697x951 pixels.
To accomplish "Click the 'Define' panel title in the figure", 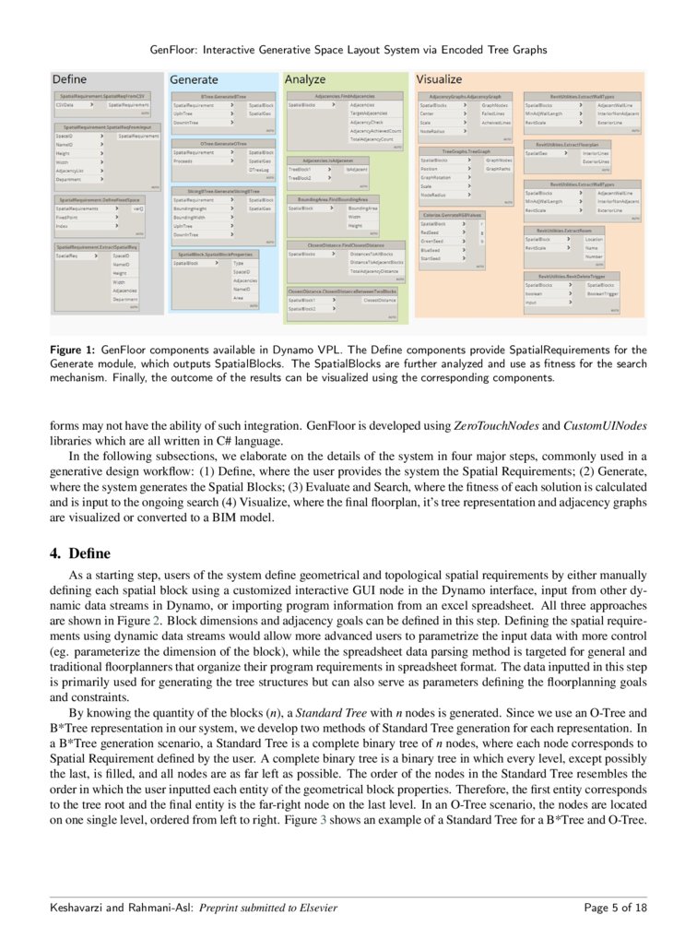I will click(x=70, y=79).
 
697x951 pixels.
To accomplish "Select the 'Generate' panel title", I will click(x=194, y=80).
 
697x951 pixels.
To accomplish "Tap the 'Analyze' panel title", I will click(x=305, y=80).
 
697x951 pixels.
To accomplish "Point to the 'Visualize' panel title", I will click(x=440, y=80).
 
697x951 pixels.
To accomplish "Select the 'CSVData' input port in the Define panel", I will click(x=65, y=106).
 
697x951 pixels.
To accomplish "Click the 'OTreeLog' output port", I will click(x=258, y=170).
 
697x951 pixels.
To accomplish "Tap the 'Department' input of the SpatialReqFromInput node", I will click(x=70, y=179).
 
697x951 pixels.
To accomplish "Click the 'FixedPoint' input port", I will click(x=67, y=217).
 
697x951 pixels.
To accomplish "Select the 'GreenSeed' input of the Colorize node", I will click(x=431, y=241).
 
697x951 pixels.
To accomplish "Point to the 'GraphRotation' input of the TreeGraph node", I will click(x=435, y=177).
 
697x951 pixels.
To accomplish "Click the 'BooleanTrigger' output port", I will click(x=604, y=293).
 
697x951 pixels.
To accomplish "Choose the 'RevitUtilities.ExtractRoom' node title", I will click(x=563, y=230).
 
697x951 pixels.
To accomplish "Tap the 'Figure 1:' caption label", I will click(x=74, y=350).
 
